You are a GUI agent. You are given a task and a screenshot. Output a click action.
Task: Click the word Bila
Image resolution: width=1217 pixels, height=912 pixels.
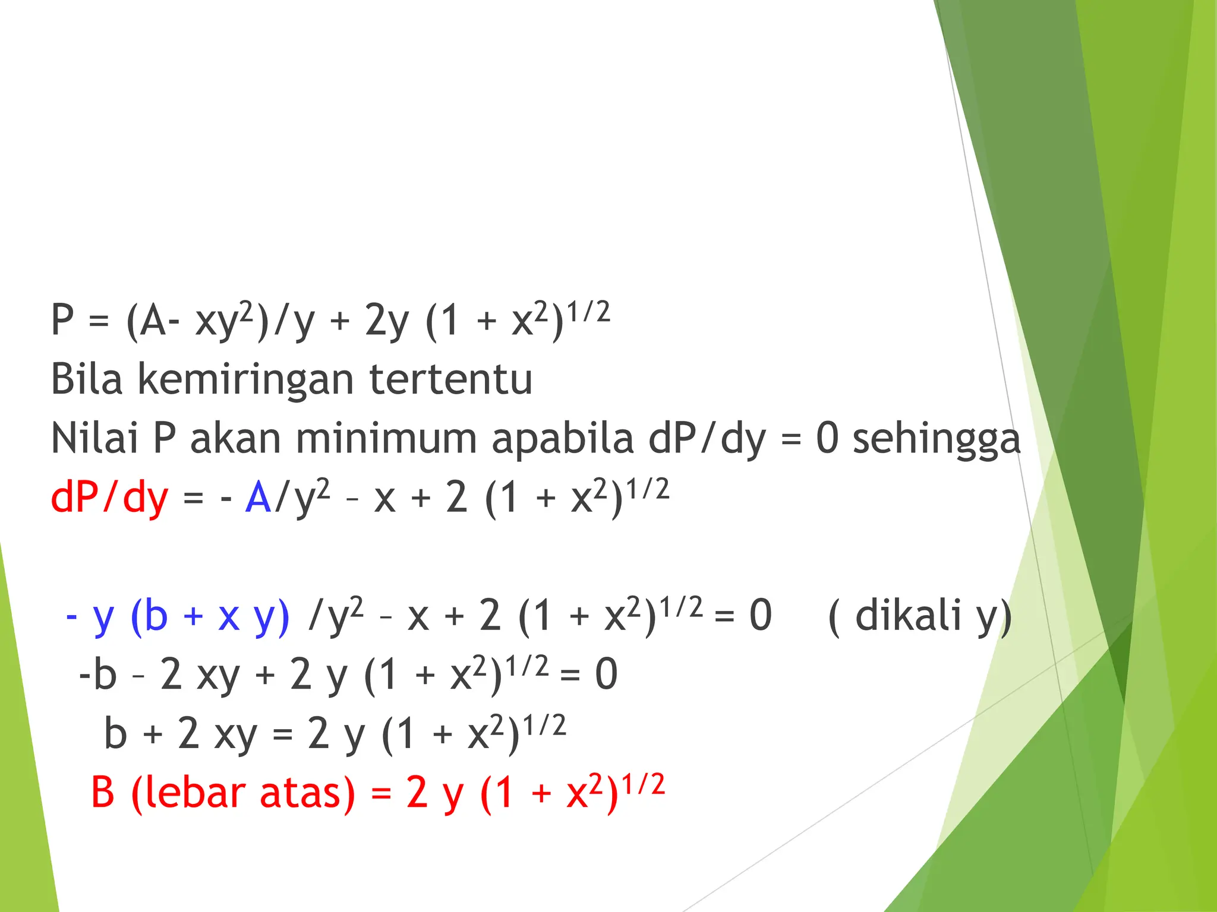point(87,379)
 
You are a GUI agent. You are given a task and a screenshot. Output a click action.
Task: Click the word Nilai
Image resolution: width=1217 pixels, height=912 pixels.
point(95,438)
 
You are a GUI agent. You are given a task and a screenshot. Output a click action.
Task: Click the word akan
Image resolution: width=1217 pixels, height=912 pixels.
point(235,438)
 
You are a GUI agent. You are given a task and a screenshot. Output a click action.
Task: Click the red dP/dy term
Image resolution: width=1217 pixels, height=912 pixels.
point(109,498)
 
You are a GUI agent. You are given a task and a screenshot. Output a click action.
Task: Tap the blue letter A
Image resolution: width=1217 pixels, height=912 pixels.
point(258,497)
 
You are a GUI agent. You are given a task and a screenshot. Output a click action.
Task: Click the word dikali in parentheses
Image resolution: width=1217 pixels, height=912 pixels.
point(908,615)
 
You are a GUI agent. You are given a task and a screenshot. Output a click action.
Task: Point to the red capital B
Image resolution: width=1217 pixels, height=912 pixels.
point(103,793)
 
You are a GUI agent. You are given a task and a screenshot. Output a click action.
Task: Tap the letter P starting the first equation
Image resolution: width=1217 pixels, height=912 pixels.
point(62,319)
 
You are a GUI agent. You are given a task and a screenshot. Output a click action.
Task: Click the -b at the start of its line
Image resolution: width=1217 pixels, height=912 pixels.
point(98,674)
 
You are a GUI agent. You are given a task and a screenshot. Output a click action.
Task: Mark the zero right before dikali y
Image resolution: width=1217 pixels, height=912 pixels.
point(761,615)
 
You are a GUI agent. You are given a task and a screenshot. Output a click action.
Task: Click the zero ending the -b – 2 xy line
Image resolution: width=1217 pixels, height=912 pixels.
point(606,674)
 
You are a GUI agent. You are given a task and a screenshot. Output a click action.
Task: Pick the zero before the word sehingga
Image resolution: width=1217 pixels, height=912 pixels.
point(827,438)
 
